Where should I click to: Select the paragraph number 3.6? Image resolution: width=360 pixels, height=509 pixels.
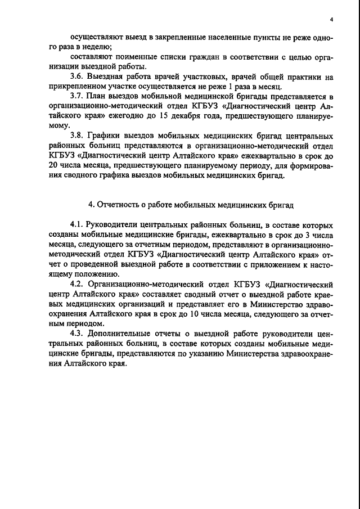pyautogui.click(x=77, y=76)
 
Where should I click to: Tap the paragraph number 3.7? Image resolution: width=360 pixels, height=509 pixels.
pyautogui.click(x=77, y=96)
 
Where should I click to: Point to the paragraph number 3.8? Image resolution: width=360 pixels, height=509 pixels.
pyautogui.click(x=77, y=136)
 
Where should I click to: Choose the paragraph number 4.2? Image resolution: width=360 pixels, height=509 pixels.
pyautogui.click(x=77, y=285)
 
